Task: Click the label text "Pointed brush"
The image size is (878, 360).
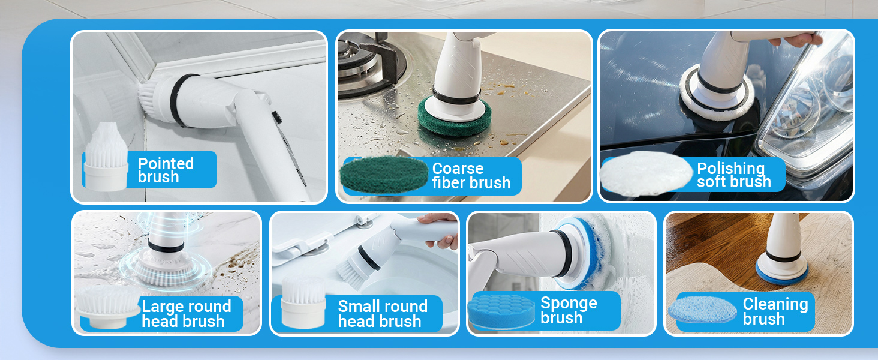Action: pyautogui.click(x=166, y=170)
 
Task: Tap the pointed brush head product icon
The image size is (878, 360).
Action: pyautogui.click(x=106, y=157)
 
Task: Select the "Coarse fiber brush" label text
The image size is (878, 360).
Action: pyautogui.click(x=471, y=176)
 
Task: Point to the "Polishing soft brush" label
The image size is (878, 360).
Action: pyautogui.click(x=733, y=175)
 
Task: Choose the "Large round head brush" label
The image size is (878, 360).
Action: pyautogui.click(x=186, y=314)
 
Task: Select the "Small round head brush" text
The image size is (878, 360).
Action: pyautogui.click(x=383, y=314)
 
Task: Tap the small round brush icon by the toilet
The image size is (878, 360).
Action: pyautogui.click(x=303, y=302)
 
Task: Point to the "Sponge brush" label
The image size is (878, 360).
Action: pyautogui.click(x=568, y=310)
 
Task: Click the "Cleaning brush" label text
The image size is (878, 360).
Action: pyautogui.click(x=775, y=311)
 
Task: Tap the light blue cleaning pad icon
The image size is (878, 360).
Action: pyautogui.click(x=702, y=310)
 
